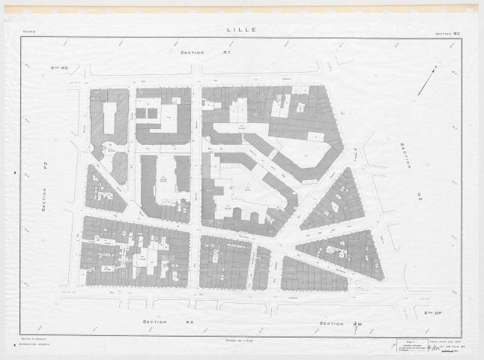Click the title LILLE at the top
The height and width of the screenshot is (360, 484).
tap(241, 30)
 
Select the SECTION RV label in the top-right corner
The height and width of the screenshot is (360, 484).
tap(450, 34)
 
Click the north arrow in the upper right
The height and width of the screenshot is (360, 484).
tap(428, 81)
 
